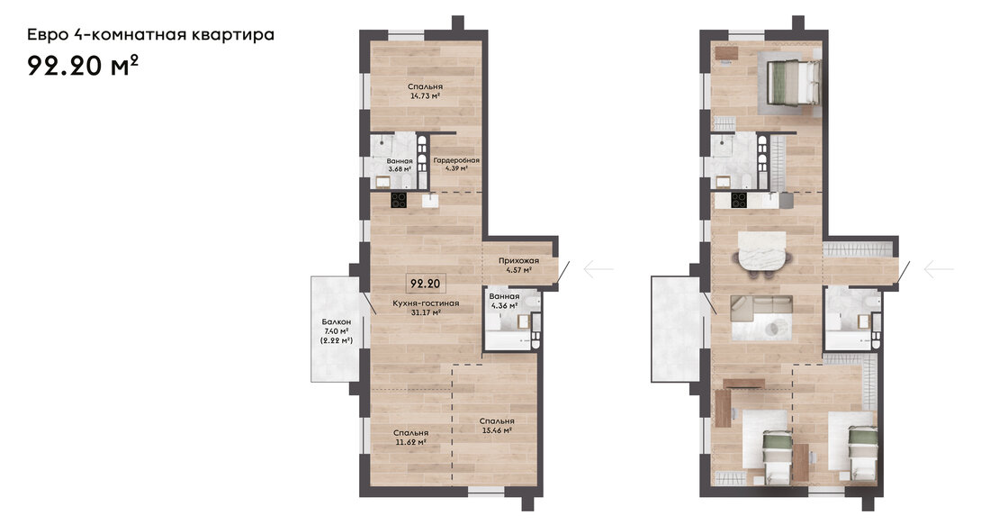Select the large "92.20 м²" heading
pos(83,65)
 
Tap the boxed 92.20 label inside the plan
pos(425,284)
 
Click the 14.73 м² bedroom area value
pos(424,96)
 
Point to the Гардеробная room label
pos(456,160)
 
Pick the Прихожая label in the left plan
pos(518,260)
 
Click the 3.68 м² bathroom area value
pos(400,169)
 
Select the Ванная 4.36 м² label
pos(505,301)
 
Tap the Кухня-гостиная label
pos(426,303)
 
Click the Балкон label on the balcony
pos(336,322)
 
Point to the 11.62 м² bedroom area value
pos(410,442)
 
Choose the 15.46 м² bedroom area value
pos(496,430)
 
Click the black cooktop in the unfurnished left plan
pos(399,200)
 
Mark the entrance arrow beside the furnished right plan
pos(938,269)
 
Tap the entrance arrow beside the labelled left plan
pos(598,269)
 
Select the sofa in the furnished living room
pos(761,310)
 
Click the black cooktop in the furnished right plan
pos(739,200)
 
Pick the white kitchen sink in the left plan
pos(431,201)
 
